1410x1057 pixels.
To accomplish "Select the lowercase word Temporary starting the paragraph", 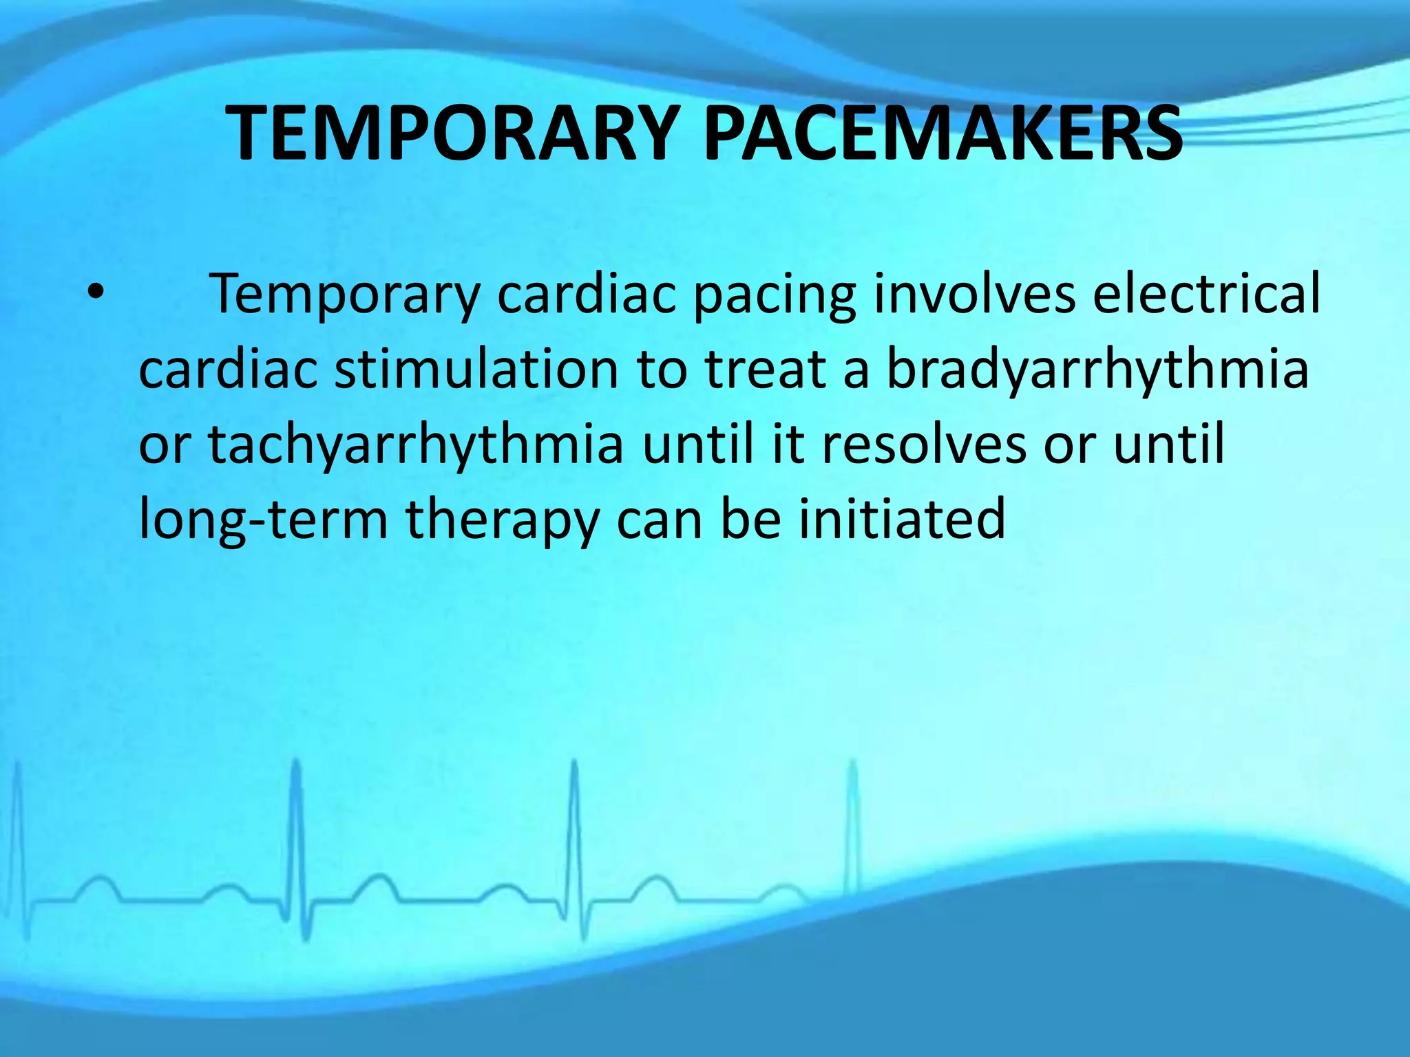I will (344, 295).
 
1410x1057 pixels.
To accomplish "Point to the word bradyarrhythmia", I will (1097, 370).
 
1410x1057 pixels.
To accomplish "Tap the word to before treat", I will (661, 369).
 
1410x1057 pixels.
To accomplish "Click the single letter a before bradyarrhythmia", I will (856, 370).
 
